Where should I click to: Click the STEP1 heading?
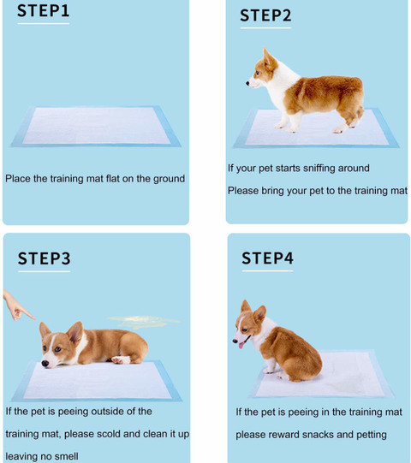pos(44,12)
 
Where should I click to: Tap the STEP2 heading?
pos(265,15)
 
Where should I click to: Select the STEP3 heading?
pos(45,258)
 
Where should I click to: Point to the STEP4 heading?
pos(267,258)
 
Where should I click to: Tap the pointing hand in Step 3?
pos(15,305)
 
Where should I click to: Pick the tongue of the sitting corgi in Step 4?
pos(243,343)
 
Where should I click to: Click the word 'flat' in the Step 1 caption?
pos(122,179)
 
